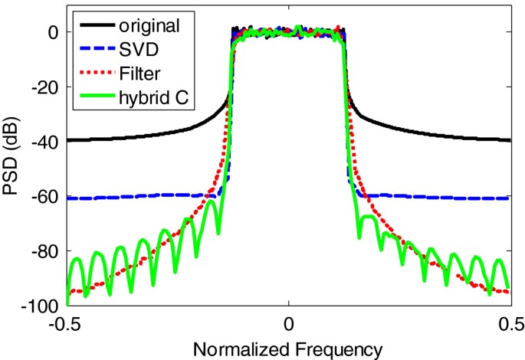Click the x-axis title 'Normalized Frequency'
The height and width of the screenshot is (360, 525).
pos(287,349)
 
